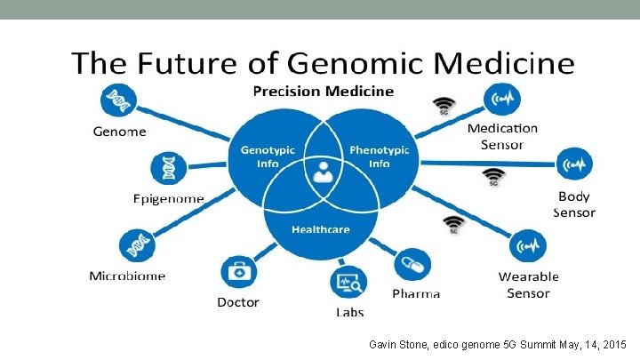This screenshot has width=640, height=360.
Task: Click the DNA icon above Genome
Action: [117, 101]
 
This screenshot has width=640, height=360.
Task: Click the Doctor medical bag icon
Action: [237, 271]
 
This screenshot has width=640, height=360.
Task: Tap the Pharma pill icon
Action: [414, 265]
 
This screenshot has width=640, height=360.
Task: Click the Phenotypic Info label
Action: [379, 157]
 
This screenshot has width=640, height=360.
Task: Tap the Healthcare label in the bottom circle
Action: [320, 229]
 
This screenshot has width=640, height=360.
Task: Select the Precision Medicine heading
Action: [324, 91]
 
